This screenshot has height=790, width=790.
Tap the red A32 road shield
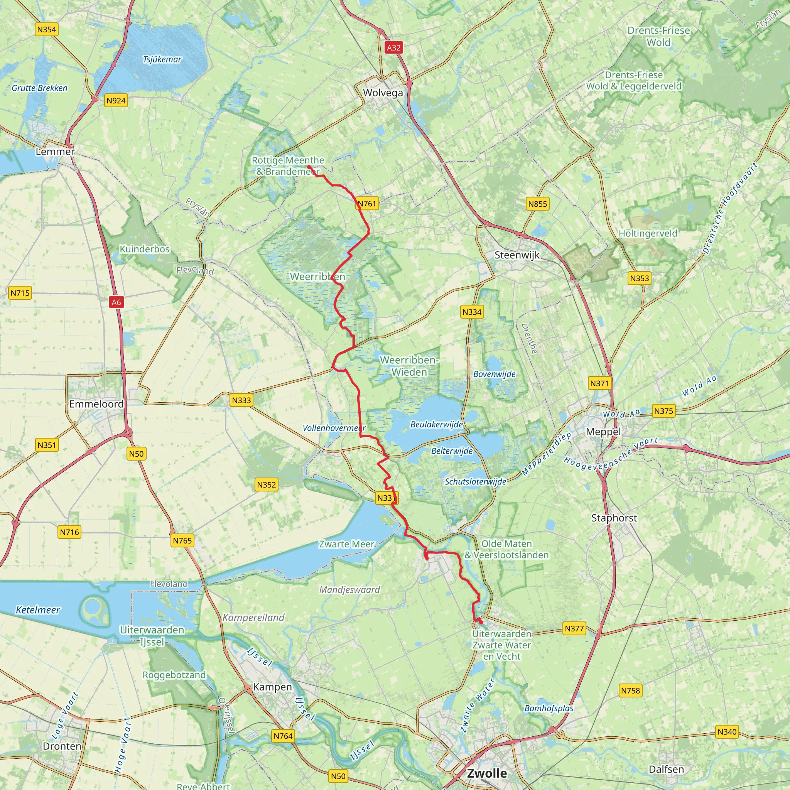click(393, 47)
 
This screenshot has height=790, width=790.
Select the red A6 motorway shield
click(116, 302)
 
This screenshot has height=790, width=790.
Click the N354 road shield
click(46, 29)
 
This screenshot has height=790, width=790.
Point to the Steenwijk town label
click(517, 255)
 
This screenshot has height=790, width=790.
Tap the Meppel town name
click(603, 432)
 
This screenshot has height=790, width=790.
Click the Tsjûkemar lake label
click(162, 60)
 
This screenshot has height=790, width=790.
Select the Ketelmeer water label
click(38, 610)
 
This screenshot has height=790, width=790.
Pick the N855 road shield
click(537, 204)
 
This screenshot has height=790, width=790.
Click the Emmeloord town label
click(96, 404)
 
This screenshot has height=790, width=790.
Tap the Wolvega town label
click(383, 93)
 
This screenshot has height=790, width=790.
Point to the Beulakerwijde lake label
click(436, 424)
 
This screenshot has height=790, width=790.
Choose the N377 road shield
click(574, 628)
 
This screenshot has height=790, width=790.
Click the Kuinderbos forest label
click(144, 249)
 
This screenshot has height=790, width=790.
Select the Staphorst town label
click(614, 518)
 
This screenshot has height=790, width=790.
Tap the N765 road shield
click(182, 540)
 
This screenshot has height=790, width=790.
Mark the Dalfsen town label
click(666, 769)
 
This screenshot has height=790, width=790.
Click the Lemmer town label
click(55, 152)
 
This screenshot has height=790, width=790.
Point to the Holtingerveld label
click(648, 233)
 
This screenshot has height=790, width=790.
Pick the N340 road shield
click(727, 732)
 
